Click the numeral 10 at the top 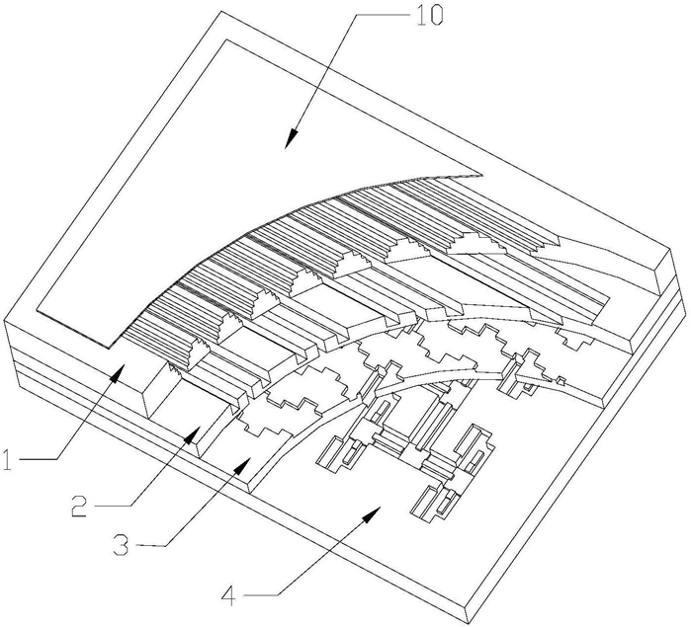[426, 17]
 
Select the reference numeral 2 [80, 506]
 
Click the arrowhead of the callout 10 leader [291, 138]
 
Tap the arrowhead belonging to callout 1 [117, 372]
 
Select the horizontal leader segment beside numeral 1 [39, 459]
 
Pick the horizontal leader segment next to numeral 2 [113, 506]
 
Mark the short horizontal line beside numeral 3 [150, 546]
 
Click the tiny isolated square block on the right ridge [561, 380]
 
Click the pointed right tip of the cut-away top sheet [483, 175]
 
